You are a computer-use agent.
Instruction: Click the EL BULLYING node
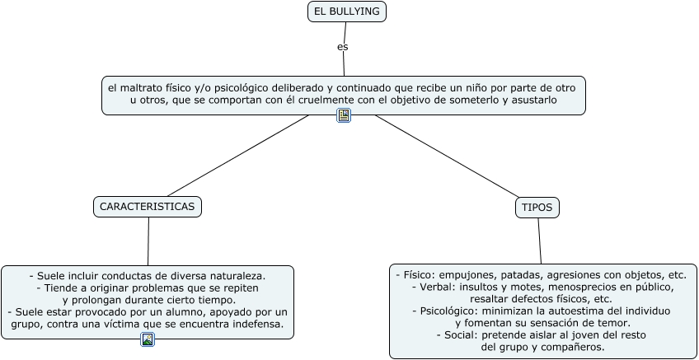click(346, 12)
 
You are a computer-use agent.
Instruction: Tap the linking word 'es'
click(343, 47)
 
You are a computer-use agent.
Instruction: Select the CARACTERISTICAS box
click(148, 207)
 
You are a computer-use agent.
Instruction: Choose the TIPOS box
click(537, 208)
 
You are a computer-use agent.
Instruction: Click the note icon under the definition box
click(344, 115)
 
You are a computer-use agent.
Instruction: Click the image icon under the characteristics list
click(148, 339)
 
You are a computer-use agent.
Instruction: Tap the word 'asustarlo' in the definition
click(532, 100)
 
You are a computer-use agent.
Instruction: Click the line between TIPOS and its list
click(540, 241)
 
